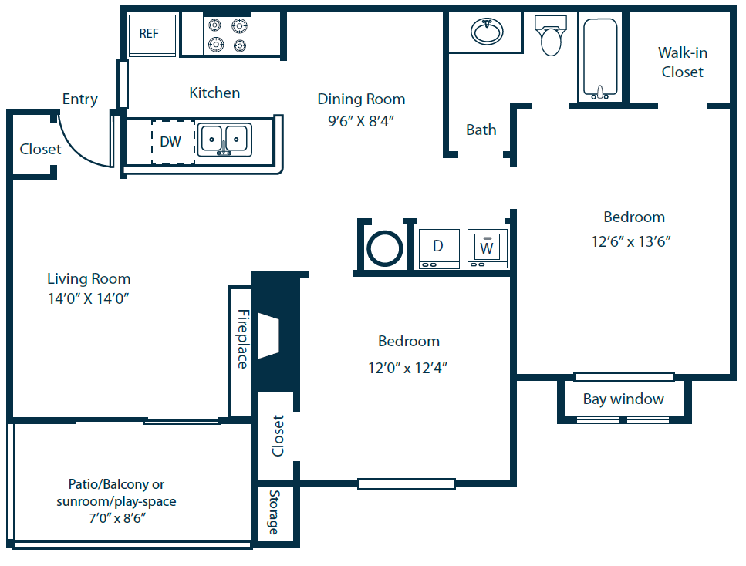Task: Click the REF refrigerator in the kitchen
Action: point(152,36)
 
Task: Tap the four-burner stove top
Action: point(227,35)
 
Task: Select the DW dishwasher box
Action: point(173,142)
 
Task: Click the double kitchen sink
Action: point(224,140)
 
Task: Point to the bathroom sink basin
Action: point(487,32)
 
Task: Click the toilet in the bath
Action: point(551,35)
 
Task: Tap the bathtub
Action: point(600,59)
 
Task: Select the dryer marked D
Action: point(439,249)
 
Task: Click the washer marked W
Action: point(488,249)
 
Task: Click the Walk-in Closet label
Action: point(683,62)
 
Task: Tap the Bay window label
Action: point(623,399)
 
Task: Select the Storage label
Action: point(274,512)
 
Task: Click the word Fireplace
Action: point(243,339)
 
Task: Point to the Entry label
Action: point(80,99)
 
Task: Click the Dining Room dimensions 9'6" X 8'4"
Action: point(361,121)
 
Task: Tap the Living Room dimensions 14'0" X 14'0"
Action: point(89,298)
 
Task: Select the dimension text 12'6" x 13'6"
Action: point(631,241)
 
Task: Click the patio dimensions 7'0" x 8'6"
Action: point(117,517)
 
